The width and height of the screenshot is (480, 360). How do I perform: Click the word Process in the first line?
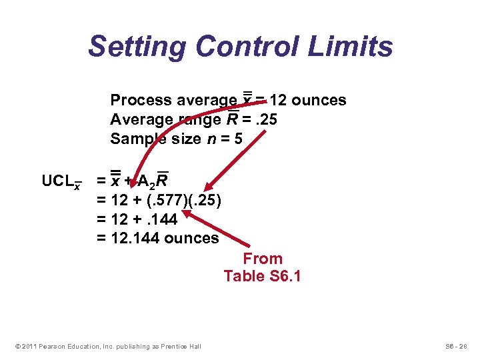coord(139,101)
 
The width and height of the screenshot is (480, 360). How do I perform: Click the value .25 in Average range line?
coord(264,120)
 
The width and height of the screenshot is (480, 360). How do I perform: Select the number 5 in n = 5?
coord(238,139)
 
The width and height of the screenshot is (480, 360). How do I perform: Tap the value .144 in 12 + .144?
coord(157,219)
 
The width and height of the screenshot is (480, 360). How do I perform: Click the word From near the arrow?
coord(262,259)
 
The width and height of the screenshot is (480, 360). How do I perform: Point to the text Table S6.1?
coord(262,276)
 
